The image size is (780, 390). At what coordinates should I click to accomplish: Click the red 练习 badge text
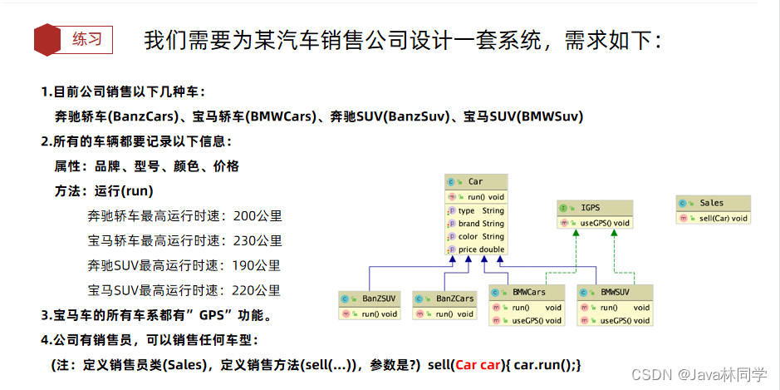[x=86, y=39]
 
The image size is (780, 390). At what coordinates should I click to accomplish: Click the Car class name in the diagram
[x=475, y=181]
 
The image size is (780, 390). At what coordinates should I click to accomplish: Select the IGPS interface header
[x=590, y=207]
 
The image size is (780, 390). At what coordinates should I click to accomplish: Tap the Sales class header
[x=711, y=203]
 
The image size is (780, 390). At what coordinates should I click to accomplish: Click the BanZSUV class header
[x=379, y=299]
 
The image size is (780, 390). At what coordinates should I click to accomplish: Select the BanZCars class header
[x=454, y=299]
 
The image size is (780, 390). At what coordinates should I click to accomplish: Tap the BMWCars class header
[x=529, y=293]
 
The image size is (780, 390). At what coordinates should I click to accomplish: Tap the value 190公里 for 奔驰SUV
[x=258, y=265]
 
